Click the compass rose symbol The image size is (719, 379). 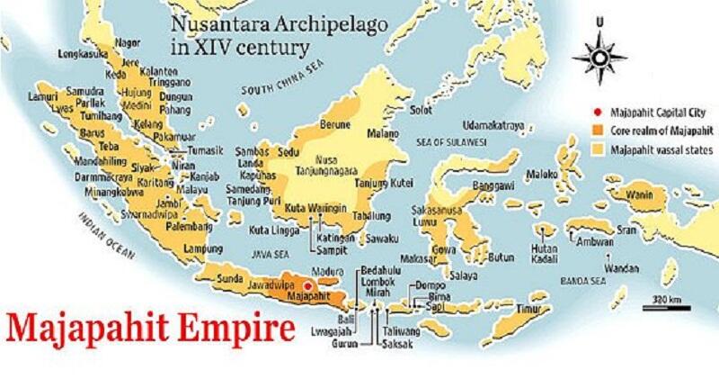[x=599, y=52]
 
